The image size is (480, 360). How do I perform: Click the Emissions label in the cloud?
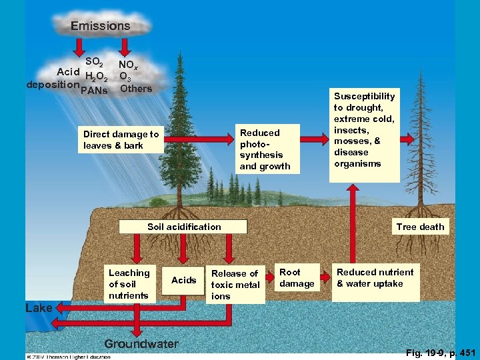[x=101, y=26]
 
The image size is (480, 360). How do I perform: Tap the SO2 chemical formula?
[x=94, y=62]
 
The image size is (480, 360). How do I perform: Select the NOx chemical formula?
[x=128, y=65]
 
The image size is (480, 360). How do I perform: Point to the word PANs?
[x=93, y=91]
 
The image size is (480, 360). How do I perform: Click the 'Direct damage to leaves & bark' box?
[x=121, y=139]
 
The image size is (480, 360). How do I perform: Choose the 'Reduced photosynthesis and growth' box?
[x=265, y=149]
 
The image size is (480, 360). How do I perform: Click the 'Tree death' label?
[x=419, y=227]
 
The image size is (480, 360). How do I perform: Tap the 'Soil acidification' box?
[x=184, y=227]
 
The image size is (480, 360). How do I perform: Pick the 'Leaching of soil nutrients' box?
[x=129, y=284]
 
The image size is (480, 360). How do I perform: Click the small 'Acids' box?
[x=183, y=280]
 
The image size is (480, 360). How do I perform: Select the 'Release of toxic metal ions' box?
[x=235, y=285]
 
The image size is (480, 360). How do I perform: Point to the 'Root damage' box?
[x=297, y=278]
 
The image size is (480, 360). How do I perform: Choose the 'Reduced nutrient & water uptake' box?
[x=375, y=278]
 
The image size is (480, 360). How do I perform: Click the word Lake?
[x=38, y=308]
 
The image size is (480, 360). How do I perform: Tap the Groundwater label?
[x=141, y=344]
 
